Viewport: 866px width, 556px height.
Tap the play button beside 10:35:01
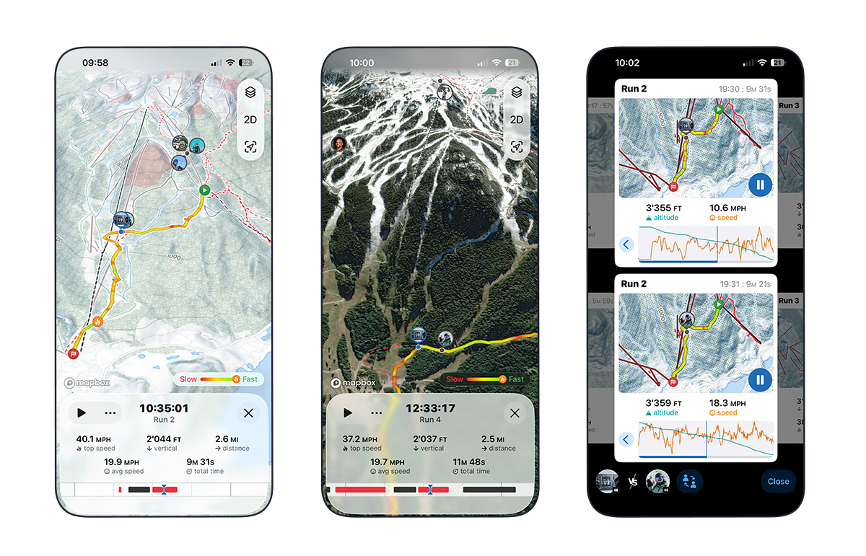tap(82, 413)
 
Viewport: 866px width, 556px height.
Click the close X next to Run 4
tap(515, 413)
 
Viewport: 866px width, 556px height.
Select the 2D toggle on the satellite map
tap(516, 120)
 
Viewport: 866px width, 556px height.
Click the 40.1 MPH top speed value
tap(95, 439)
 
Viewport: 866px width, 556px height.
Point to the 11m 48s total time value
tap(471, 462)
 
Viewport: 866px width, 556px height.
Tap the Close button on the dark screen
tap(778, 482)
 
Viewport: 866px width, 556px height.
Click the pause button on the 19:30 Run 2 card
tap(759, 185)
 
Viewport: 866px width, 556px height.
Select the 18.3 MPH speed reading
tap(727, 403)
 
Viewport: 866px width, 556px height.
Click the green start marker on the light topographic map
tap(204, 190)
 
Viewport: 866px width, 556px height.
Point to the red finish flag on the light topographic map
tap(73, 353)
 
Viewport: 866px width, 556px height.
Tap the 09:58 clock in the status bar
tap(95, 63)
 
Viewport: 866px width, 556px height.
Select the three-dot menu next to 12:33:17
tap(376, 413)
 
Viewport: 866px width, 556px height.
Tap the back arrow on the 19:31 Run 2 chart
tap(626, 439)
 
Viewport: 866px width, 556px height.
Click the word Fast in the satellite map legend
tap(516, 379)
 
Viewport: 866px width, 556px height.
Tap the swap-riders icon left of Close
tap(689, 482)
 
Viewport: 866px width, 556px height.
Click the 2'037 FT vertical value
tap(430, 439)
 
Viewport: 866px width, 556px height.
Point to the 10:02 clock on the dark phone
tap(626, 63)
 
